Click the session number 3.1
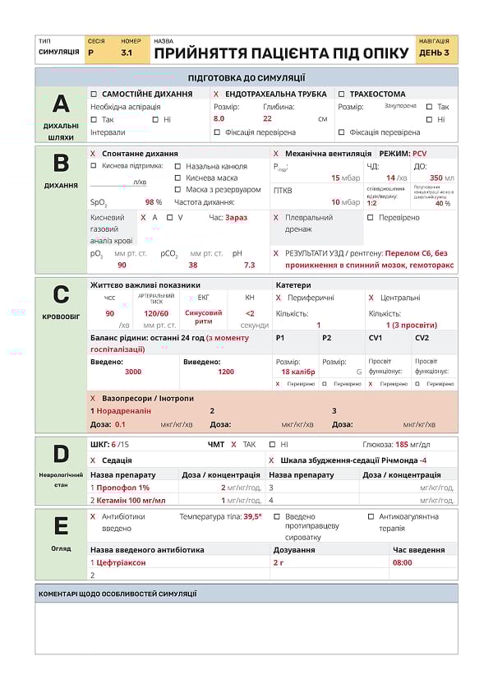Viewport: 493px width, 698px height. (x=127, y=53)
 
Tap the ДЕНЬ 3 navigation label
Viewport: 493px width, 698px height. (x=434, y=53)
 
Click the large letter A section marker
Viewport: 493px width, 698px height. (x=61, y=104)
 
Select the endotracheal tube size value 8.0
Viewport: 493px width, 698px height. (x=219, y=118)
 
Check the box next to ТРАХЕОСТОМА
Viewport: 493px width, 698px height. (x=341, y=94)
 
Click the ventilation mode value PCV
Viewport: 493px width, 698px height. (x=420, y=154)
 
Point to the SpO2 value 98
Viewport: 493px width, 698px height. (x=150, y=201)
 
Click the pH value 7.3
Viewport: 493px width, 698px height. (x=249, y=265)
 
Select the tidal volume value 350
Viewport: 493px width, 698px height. (x=436, y=178)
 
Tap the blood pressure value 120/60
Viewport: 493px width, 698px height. (x=156, y=313)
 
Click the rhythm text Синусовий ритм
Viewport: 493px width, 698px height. (x=203, y=317)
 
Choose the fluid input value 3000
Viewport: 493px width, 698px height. (x=133, y=372)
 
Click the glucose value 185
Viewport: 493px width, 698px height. (x=402, y=444)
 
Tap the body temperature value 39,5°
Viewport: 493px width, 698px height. (x=252, y=516)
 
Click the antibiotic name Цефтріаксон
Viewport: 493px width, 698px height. (x=121, y=562)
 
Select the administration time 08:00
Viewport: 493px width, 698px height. (x=403, y=562)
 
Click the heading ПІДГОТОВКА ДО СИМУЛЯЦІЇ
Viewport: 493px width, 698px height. (x=246, y=78)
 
